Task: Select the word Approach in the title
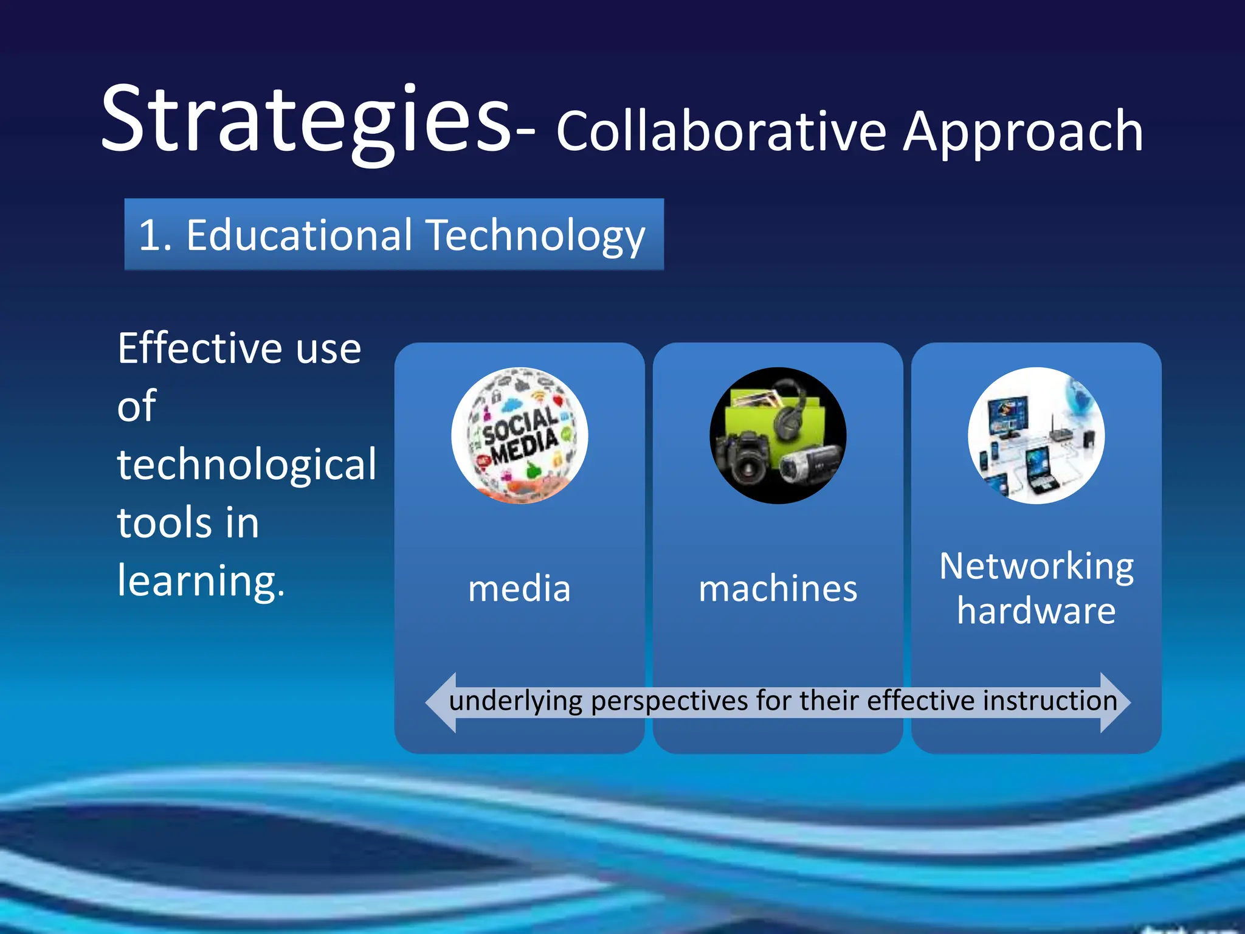click(1023, 133)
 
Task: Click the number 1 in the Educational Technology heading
click(150, 236)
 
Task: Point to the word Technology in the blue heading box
click(535, 236)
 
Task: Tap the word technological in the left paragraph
click(246, 465)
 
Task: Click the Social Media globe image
click(519, 435)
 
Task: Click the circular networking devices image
click(1036, 435)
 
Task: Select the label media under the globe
click(519, 589)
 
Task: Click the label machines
click(778, 589)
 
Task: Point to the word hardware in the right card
click(1036, 611)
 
